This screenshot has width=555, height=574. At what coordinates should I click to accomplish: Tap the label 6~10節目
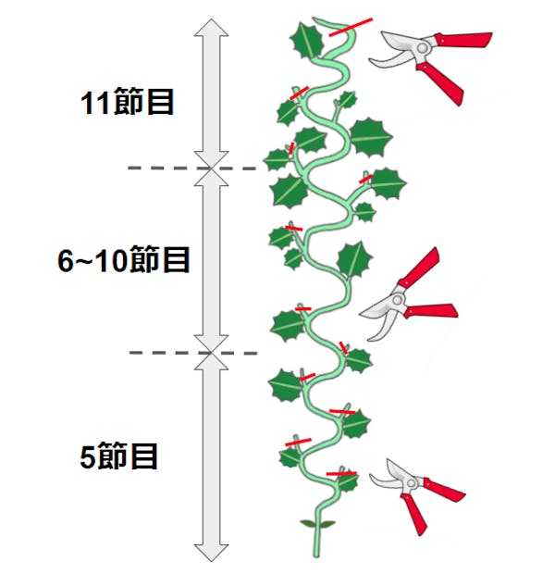(123, 261)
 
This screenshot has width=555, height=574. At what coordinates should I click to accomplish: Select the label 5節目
(119, 455)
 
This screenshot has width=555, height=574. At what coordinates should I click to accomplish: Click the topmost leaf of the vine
(308, 40)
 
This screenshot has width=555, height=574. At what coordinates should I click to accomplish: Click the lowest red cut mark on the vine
(342, 473)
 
